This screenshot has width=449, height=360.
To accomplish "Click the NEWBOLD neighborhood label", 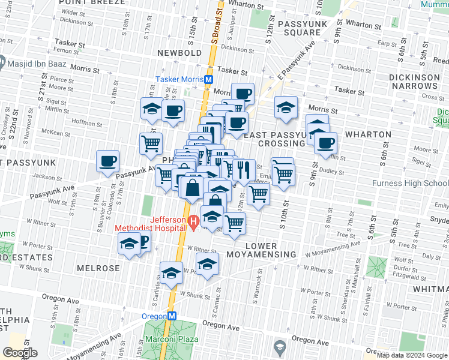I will [179, 53].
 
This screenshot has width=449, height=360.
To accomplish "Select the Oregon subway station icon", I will [171, 316].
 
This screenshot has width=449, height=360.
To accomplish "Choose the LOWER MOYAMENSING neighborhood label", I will [261, 250].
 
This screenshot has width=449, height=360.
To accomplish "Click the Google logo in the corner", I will [20, 353].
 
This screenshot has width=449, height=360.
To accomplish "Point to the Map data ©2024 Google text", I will [412, 355].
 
